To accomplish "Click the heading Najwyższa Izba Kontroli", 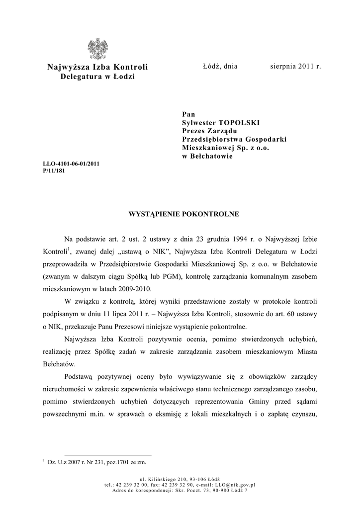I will click(97, 67).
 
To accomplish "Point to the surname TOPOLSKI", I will click(240, 122).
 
